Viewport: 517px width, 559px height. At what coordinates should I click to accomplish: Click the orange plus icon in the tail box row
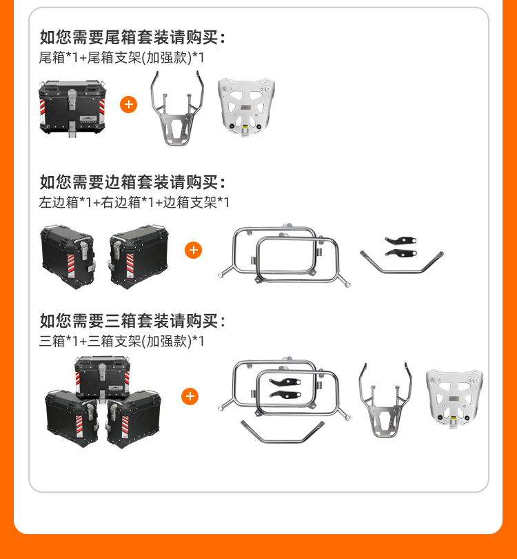128,104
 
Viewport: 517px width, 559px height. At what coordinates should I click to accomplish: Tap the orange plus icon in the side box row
193,250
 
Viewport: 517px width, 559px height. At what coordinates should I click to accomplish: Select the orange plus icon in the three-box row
190,396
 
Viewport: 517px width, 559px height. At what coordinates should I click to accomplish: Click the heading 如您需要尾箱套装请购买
132,37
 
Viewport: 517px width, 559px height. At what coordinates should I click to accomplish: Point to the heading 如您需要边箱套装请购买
132,182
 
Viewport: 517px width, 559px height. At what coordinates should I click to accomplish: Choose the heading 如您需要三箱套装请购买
132,321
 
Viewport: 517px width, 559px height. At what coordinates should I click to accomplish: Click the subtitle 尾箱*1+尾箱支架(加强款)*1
121,57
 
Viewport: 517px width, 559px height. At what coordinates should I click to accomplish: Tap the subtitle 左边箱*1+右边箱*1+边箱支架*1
134,202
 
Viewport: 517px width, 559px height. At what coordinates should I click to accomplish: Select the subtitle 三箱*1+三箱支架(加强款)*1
121,341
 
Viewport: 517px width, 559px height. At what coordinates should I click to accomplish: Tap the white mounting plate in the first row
246,108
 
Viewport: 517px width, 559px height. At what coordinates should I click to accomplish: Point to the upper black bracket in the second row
401,240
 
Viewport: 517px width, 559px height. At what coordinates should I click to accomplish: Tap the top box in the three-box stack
102,378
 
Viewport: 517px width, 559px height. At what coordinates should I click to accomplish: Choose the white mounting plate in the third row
454,398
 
